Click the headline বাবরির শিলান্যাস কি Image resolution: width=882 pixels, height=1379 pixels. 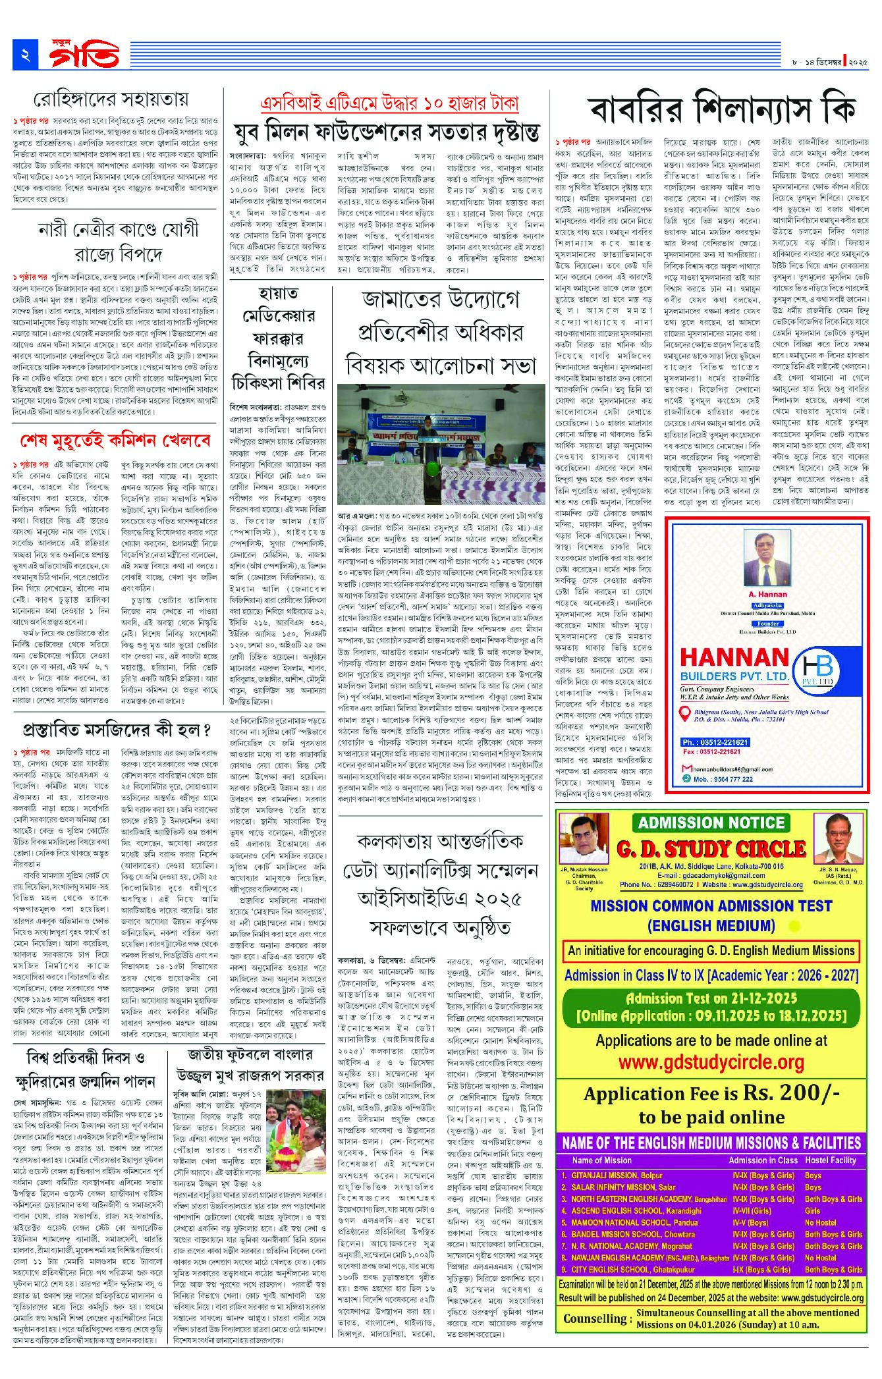coord(722,111)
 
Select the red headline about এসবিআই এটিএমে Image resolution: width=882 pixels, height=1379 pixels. coord(389,103)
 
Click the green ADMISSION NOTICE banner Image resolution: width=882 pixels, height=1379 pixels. coord(711,823)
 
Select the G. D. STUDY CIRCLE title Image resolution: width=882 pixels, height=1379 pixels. coord(711,849)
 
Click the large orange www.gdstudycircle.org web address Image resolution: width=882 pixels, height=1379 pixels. coord(711,1063)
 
